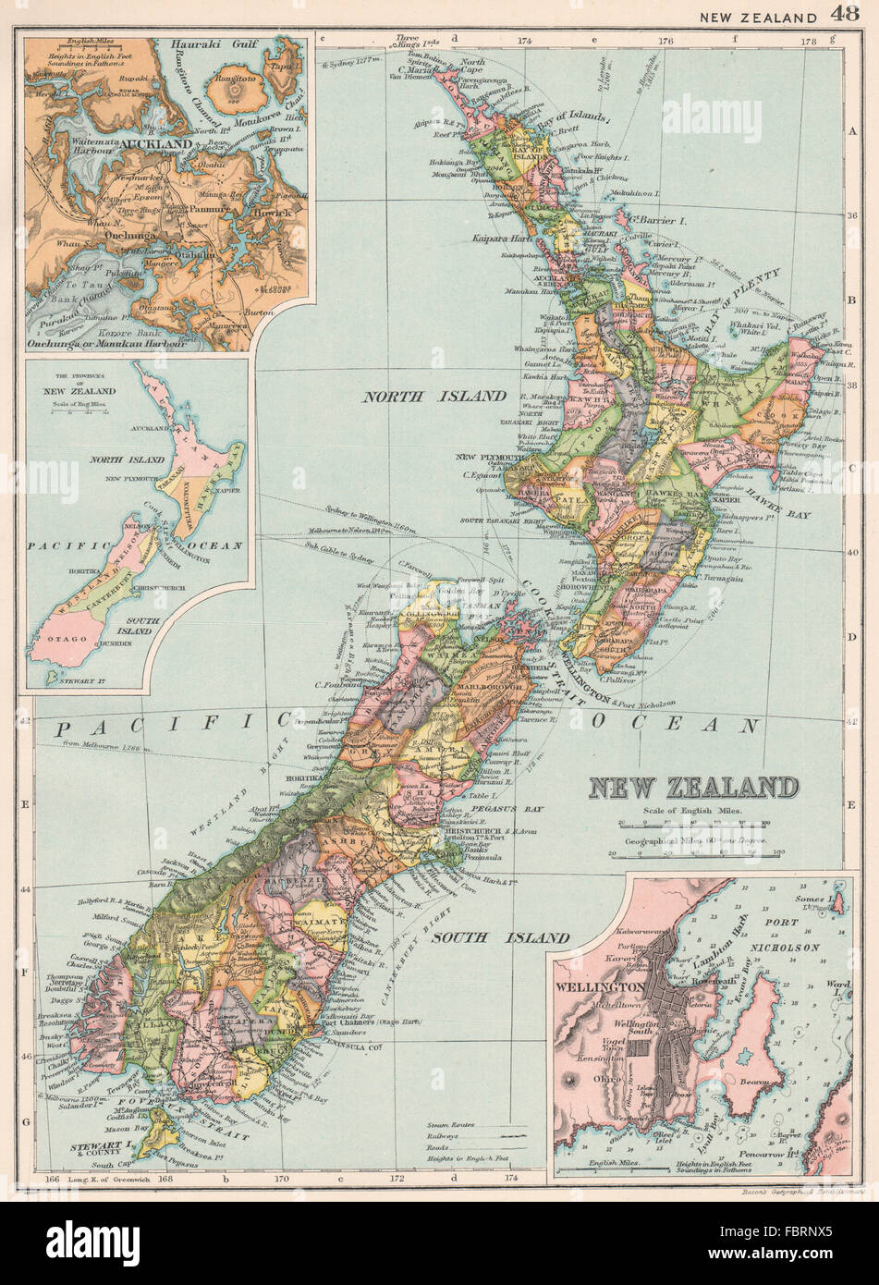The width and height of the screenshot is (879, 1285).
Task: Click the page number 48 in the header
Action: (844, 14)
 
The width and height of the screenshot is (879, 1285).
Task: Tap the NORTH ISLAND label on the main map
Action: (434, 396)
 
